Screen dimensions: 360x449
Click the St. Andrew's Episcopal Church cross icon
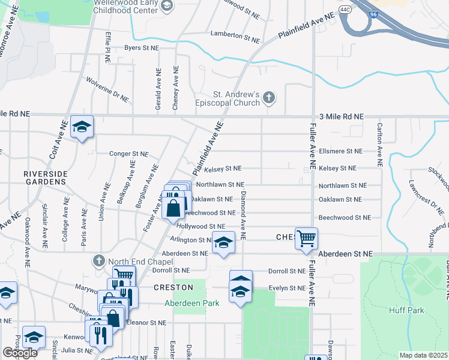270,97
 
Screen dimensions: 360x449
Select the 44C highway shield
345,10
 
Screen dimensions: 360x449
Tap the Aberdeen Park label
192,303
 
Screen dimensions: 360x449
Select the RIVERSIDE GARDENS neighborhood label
44,177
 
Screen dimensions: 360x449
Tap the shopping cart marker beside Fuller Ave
306,238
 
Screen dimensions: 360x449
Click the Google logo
20,353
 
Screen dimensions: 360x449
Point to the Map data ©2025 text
423,355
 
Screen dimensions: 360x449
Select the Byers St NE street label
142,47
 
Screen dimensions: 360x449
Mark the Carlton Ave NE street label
379,144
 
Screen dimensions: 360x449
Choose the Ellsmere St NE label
340,151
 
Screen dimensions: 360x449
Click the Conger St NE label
128,154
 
